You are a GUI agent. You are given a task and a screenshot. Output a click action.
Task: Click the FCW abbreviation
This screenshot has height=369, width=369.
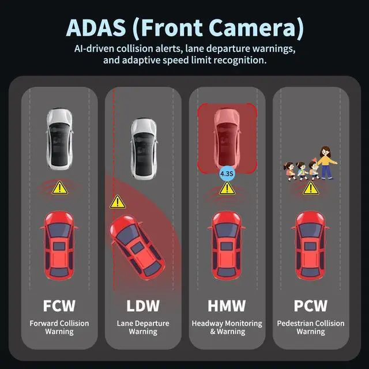coord(59,305)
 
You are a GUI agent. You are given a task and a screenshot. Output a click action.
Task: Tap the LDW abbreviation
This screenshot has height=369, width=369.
coord(143,305)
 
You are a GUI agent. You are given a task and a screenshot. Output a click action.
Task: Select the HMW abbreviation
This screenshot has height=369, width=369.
coord(227,305)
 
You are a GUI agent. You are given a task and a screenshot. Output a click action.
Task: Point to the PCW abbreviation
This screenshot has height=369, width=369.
coord(310,305)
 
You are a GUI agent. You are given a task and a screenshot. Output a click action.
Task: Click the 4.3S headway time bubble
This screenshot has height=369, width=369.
coord(227,172)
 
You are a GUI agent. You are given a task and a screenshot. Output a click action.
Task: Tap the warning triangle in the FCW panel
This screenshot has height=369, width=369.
coord(59,187)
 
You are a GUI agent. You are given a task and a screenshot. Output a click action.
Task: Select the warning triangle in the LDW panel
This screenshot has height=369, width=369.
coord(118,202)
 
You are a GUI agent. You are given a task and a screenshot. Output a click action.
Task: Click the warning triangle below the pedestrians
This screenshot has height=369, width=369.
coord(310,187)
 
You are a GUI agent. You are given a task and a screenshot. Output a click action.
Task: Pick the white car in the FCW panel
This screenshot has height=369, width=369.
coord(59,137)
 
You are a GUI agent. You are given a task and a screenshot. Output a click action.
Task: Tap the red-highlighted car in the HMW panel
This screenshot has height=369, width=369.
coord(227,137)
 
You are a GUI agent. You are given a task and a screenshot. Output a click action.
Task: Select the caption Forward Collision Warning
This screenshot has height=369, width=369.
coord(59,327)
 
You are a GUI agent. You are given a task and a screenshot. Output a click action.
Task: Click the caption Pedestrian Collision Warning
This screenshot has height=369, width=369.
coord(310,327)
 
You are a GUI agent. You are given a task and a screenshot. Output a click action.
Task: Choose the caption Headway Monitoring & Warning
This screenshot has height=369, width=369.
coord(227,327)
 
